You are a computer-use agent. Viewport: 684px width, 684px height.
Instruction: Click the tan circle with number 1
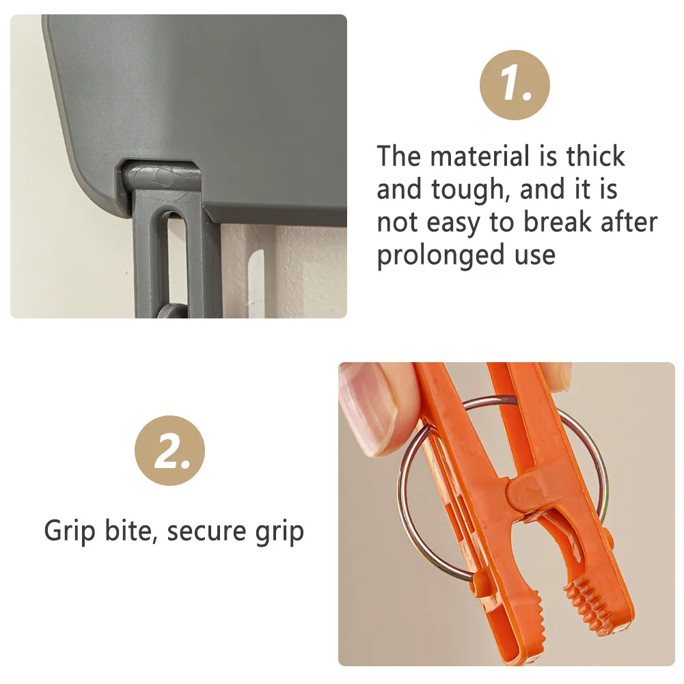tap(515, 85)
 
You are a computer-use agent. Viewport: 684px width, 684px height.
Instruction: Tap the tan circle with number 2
tap(169, 450)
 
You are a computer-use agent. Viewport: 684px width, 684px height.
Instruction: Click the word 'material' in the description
tap(480, 156)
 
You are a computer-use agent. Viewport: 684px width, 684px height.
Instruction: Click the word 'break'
tap(557, 222)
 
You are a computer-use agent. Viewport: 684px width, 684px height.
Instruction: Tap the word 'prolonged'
tap(440, 256)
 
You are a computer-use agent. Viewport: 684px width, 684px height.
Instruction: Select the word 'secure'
tap(206, 532)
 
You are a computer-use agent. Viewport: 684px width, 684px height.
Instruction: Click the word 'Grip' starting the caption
tap(70, 532)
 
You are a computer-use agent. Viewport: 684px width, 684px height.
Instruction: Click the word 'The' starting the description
tap(398, 156)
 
